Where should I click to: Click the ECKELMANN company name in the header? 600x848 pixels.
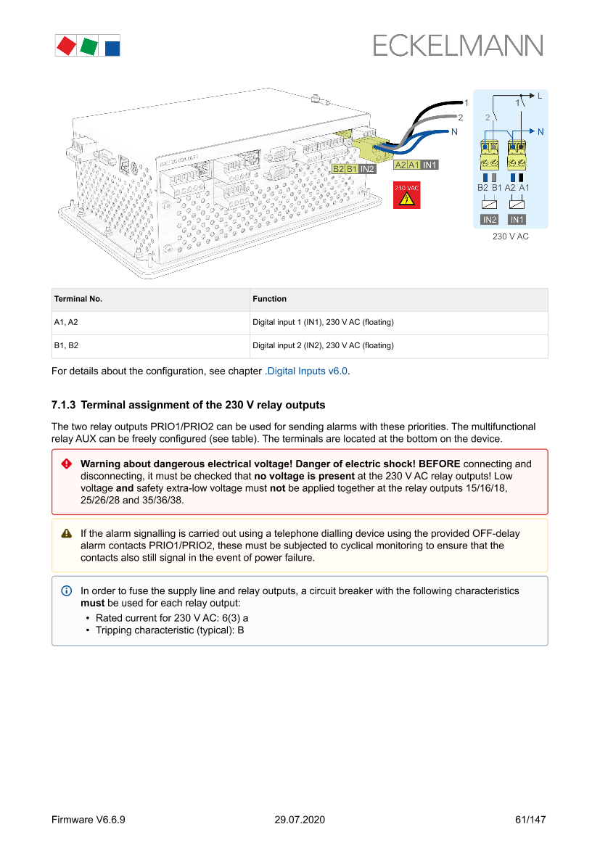pyautogui.click(x=458, y=46)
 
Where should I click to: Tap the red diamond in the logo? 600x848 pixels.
pyautogui.click(x=67, y=46)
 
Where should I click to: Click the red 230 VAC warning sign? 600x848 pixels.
pyautogui.click(x=406, y=195)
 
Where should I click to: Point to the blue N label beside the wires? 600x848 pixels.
pyautogui.click(x=454, y=132)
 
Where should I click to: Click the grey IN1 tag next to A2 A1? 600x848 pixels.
pyautogui.click(x=430, y=165)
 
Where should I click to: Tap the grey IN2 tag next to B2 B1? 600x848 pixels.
pyautogui.click(x=367, y=169)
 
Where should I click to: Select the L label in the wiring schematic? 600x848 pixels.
pyautogui.click(x=539, y=96)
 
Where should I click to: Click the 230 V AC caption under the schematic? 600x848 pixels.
pyautogui.click(x=511, y=236)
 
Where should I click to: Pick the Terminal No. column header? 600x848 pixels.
pyautogui.click(x=78, y=299)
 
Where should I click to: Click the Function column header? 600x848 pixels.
pyautogui.click(x=269, y=299)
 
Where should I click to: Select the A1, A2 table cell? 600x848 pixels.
pyautogui.click(x=66, y=322)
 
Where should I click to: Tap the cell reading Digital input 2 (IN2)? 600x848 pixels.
pyautogui.click(x=323, y=345)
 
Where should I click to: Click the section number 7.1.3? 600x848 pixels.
pyautogui.click(x=63, y=405)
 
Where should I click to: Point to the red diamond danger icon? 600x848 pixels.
pyautogui.click(x=67, y=464)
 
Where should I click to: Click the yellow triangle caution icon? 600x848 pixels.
pyautogui.click(x=67, y=534)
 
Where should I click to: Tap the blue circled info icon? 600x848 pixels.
pyautogui.click(x=67, y=591)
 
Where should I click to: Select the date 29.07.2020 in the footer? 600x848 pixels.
pyautogui.click(x=300, y=820)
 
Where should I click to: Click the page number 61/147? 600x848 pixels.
pyautogui.click(x=530, y=820)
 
